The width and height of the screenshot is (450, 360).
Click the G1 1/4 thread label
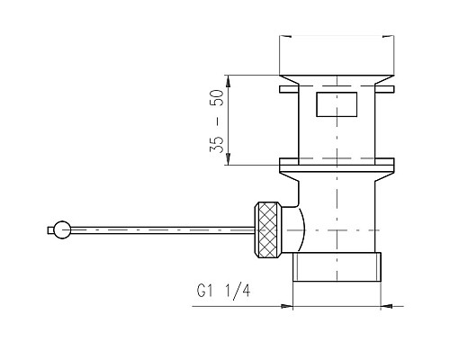point(223,291)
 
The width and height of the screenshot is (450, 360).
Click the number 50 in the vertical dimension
point(217,98)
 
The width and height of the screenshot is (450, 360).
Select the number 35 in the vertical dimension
point(217,145)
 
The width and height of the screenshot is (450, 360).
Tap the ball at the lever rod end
point(62,230)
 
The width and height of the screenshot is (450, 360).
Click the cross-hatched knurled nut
point(268,230)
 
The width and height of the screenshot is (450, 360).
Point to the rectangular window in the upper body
point(337,104)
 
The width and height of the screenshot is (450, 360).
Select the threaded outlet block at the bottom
point(337,266)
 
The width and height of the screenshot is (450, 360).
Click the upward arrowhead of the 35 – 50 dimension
point(229,81)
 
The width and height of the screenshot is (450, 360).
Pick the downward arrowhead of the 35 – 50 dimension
point(229,158)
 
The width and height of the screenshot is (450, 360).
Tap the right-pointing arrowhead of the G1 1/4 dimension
point(286,306)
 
